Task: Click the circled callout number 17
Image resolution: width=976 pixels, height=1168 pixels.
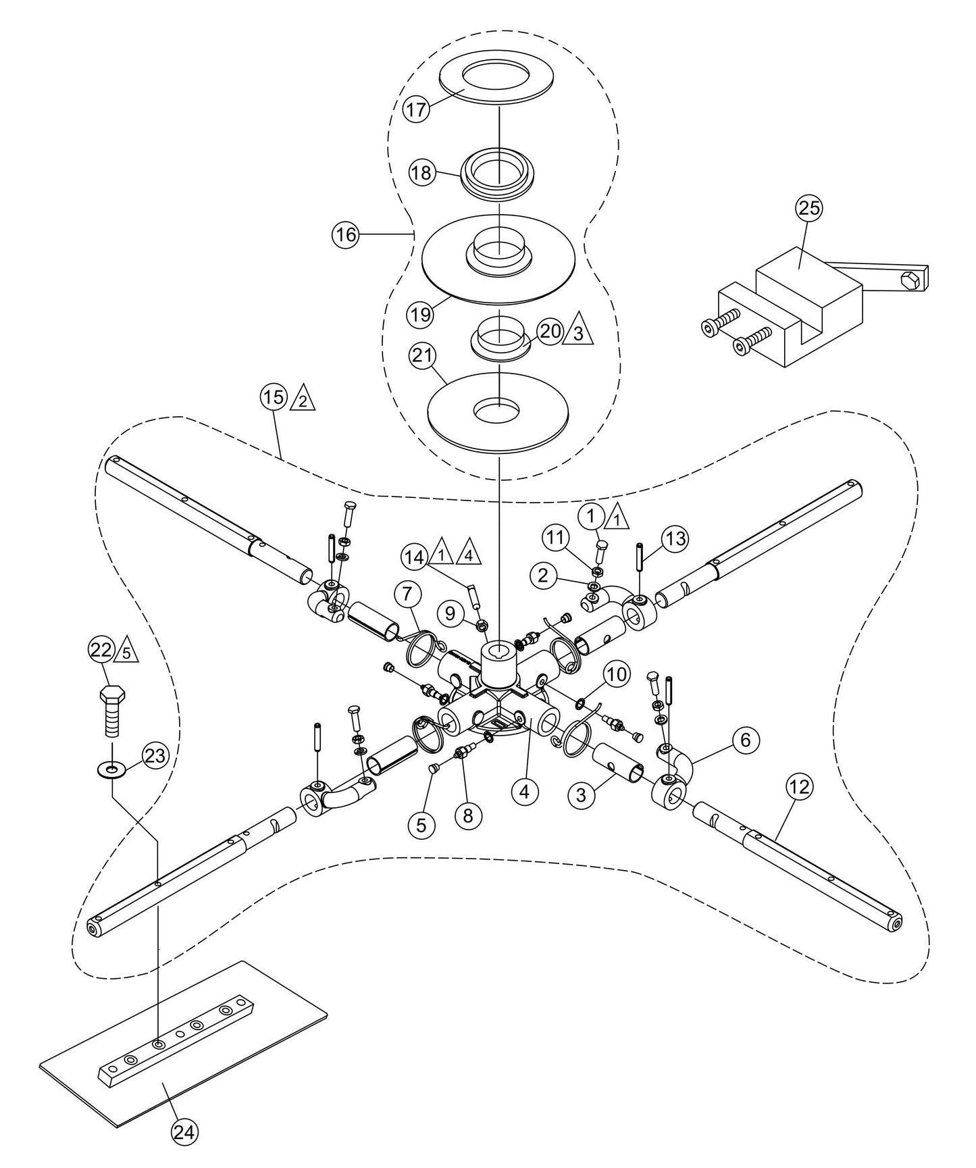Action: (417, 110)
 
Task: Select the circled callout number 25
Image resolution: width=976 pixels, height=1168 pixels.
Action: (809, 208)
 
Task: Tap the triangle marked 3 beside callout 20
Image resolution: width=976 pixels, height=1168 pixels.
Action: (579, 332)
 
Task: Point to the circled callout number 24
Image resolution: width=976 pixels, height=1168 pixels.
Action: (184, 1131)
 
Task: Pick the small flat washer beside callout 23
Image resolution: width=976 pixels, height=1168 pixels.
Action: (111, 769)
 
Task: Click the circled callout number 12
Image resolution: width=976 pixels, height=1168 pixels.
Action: (800, 787)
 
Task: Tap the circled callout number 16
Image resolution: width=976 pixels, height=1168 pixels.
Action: (345, 235)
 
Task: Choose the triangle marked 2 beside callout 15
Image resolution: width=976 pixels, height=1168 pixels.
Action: (303, 401)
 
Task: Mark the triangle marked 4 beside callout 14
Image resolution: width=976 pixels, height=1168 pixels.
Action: (468, 553)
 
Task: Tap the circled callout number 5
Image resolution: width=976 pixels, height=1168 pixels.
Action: (421, 824)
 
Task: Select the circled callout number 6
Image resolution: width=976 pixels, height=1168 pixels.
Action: (745, 740)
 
